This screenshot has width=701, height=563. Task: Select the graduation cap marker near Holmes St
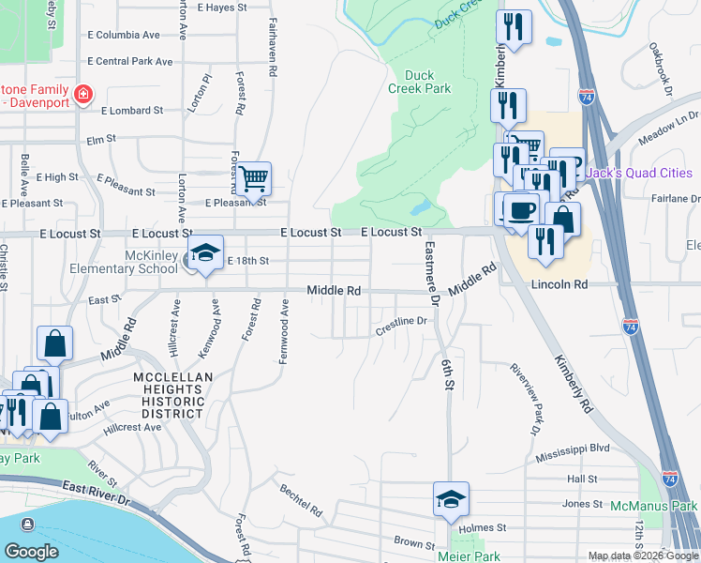click(451, 500)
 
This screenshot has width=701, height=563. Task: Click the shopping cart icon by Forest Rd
click(253, 177)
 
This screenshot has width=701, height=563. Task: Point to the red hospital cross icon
click(83, 94)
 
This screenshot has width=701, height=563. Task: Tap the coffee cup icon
click(521, 208)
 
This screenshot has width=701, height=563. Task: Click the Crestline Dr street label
click(401, 322)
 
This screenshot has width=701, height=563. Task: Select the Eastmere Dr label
click(431, 272)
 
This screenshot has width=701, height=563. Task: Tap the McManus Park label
click(654, 506)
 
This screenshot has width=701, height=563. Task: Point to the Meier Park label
click(473, 555)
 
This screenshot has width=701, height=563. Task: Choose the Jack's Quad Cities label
click(638, 174)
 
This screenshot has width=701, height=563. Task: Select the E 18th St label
click(247, 260)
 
